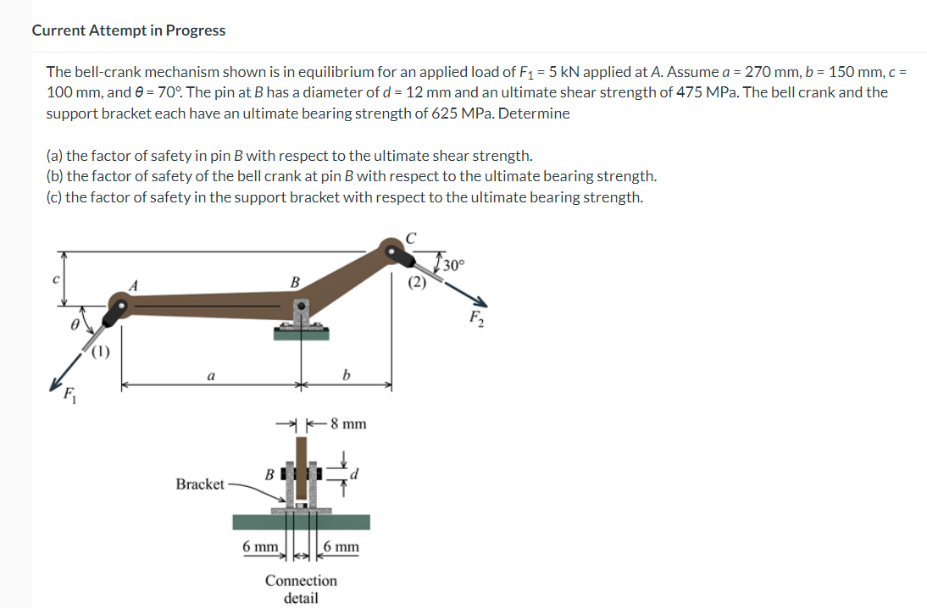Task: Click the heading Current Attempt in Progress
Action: pos(129,30)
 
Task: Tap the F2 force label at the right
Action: pos(475,318)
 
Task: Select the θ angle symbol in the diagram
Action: pos(75,323)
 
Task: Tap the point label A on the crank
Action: pos(132,285)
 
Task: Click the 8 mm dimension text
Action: pos(347,424)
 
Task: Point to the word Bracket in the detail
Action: pos(200,484)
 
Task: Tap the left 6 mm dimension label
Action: pos(258,547)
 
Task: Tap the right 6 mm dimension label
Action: pos(341,547)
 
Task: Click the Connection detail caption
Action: pos(301,589)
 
